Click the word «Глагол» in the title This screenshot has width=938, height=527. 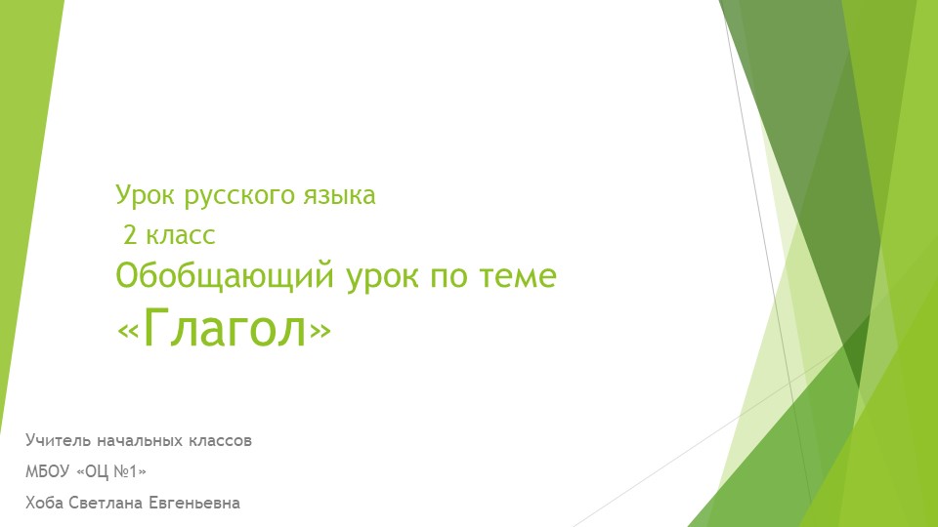(x=224, y=328)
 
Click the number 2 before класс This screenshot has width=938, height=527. (x=130, y=235)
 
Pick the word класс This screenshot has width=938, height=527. (x=181, y=236)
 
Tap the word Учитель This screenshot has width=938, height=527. (x=58, y=441)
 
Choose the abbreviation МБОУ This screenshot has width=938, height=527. (x=47, y=472)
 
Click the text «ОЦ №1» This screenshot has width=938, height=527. (x=111, y=472)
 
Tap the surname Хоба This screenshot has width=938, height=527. (x=44, y=504)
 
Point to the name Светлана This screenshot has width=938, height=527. (x=106, y=504)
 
